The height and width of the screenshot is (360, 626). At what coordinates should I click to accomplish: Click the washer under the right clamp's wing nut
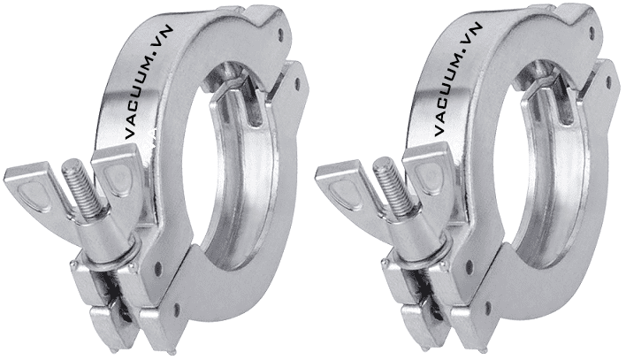[408, 252]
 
